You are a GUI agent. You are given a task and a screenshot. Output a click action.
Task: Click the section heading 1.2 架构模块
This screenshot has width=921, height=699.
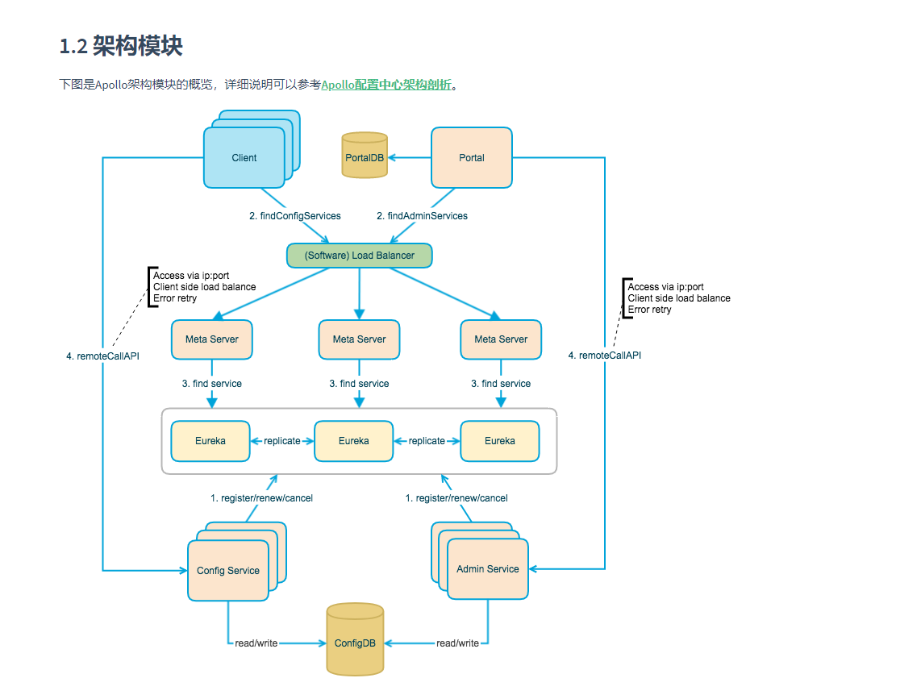pos(121,46)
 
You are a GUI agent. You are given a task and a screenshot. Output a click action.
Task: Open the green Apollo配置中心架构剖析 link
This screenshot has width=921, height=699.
pos(386,85)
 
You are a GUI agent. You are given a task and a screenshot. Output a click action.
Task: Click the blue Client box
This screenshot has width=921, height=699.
pos(244,158)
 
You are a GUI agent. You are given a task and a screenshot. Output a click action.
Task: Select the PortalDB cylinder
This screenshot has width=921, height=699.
pos(365,156)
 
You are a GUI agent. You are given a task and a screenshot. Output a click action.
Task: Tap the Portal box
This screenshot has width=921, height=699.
pos(472,158)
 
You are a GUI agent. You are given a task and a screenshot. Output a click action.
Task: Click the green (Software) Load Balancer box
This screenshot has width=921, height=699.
pos(360,256)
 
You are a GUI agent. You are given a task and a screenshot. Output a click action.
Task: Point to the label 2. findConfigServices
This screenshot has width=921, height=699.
pos(294,216)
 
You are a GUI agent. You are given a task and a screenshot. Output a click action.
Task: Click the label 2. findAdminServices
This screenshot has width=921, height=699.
pos(422,216)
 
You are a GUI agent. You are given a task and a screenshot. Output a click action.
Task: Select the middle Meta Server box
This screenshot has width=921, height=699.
pos(359,339)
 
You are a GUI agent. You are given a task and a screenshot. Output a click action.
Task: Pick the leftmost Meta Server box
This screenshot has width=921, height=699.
pos(212,339)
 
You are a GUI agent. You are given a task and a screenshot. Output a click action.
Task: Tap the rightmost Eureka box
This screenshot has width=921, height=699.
pos(500,441)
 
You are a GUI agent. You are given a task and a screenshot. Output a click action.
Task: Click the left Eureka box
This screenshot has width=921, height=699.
pos(210,441)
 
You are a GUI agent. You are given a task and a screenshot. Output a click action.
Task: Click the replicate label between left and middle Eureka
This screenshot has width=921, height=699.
pos(281,441)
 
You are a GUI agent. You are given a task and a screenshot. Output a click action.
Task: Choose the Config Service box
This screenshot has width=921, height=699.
pos(228,571)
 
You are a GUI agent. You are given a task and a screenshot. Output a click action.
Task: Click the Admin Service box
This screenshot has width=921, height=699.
pos(488,569)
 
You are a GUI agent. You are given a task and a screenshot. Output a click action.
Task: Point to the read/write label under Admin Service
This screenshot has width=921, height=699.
pos(457,643)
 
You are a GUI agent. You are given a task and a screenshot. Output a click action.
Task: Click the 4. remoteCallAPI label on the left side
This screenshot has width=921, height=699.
pos(102,356)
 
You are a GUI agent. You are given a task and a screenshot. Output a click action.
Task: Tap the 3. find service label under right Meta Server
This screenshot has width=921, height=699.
pos(501,384)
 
